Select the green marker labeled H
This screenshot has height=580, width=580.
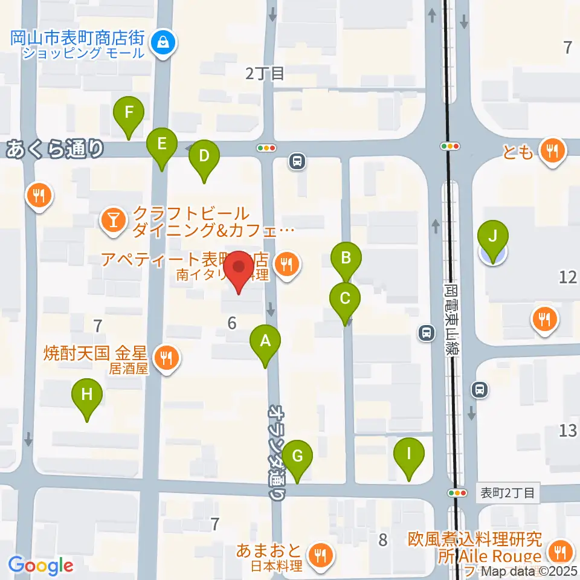[x=87, y=397]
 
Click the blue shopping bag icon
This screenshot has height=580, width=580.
[x=163, y=42]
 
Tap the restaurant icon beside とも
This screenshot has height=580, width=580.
[x=552, y=151]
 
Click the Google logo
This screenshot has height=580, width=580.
[x=40, y=565]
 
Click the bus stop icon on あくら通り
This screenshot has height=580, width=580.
[x=297, y=161]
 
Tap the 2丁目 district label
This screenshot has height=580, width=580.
[x=265, y=74]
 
